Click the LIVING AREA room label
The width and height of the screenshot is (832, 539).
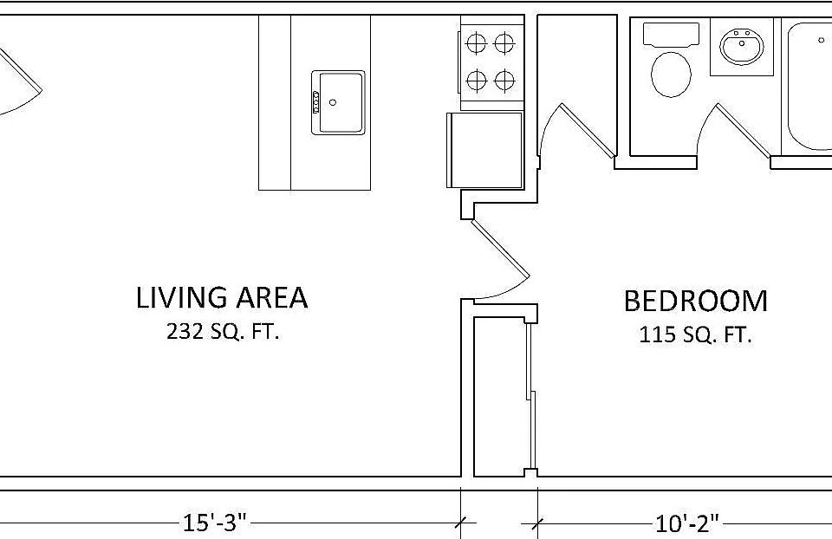coord(222,297)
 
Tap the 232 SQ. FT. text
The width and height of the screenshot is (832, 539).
coord(223,332)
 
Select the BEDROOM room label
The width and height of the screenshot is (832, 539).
coord(695,301)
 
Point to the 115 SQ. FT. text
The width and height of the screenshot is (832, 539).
coord(695,334)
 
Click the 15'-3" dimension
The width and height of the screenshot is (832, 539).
coord(215,523)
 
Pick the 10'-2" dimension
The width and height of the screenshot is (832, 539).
coord(687,523)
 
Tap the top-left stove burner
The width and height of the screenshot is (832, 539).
coord(476,42)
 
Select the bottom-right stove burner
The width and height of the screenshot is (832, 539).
coord(504,81)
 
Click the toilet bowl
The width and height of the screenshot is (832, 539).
coord(671,75)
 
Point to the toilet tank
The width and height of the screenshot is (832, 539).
coord(671,35)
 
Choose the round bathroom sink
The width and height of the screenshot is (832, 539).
coord(742,47)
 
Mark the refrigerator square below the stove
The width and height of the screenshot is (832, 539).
coord(485,150)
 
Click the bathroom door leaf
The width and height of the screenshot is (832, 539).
coord(742,131)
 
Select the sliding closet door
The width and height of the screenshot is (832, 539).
coord(530,396)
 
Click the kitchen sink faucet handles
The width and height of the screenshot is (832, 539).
coord(315,102)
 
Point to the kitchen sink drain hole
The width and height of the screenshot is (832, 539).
coord(333,102)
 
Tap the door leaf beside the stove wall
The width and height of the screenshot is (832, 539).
coord(588,130)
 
